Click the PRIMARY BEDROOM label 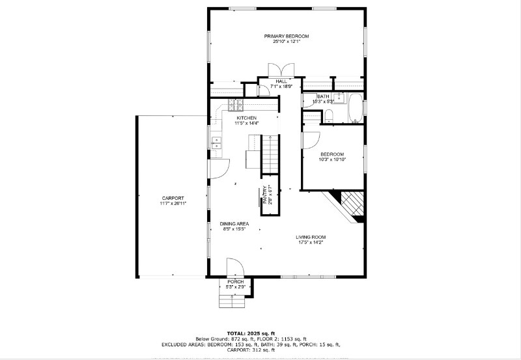[286, 36]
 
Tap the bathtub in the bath [356, 108]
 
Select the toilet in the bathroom [330, 117]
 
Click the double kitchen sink [216, 145]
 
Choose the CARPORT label [173, 198]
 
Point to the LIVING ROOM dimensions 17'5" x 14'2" [310, 243]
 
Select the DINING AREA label [234, 223]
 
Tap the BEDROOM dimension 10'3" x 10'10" [332, 159]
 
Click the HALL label [281, 81]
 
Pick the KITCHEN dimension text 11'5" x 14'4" [247, 123]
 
